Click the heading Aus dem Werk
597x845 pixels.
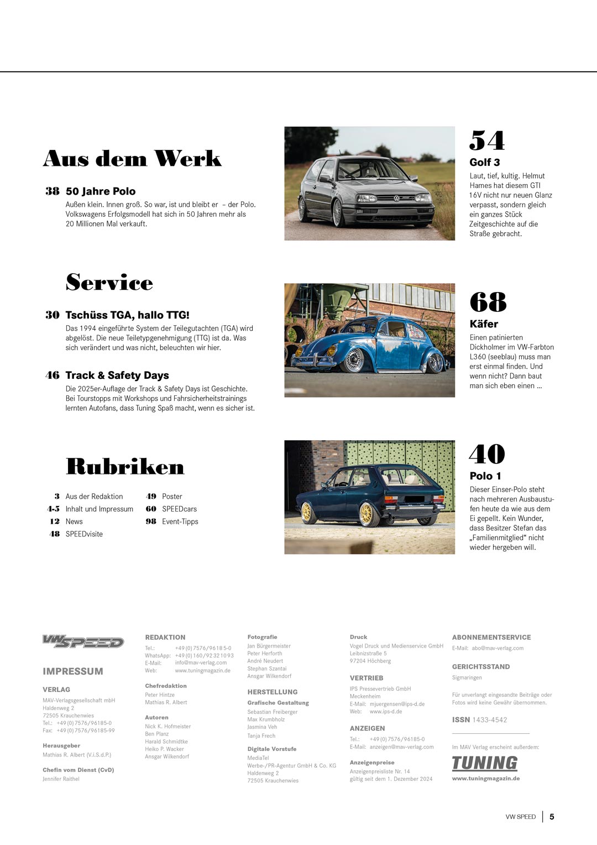click(x=132, y=159)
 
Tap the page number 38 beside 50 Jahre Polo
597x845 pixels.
click(x=53, y=191)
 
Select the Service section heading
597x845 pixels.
click(x=109, y=283)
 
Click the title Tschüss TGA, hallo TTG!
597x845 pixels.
click(x=127, y=315)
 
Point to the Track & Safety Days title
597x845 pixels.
click(x=117, y=375)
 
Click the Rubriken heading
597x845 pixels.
click(x=125, y=467)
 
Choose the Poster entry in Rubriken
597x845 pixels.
click(x=172, y=497)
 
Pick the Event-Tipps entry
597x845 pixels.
click(x=180, y=521)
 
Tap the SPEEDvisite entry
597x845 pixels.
click(x=84, y=534)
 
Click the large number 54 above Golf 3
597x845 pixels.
click(x=487, y=141)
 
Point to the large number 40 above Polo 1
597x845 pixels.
click(x=487, y=455)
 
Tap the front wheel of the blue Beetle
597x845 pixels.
click(x=353, y=360)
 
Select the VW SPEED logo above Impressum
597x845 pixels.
click(x=83, y=641)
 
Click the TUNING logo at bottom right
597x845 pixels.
click(x=484, y=763)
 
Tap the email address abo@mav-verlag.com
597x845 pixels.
click(x=498, y=648)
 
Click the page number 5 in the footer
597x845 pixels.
click(x=552, y=817)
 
